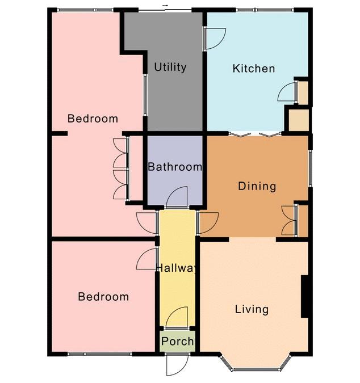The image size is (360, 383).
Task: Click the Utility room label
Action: click(170, 67)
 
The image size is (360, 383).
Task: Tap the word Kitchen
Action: click(254, 69)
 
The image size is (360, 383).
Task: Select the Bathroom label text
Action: click(175, 167)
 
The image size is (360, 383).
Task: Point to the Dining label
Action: click(257, 186)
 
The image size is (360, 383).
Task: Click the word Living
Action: click(252, 310)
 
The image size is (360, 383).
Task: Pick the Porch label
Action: click(178, 341)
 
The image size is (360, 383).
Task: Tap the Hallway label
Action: click(177, 268)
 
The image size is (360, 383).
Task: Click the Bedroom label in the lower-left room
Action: click(103, 297)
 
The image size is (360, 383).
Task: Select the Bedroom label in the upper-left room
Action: click(93, 119)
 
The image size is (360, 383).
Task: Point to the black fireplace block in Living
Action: click(304, 297)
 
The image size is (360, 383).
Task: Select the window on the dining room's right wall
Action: click(310, 169)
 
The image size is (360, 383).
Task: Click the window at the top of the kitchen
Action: click(265, 10)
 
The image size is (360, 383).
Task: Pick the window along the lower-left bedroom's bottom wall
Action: click(100, 354)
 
